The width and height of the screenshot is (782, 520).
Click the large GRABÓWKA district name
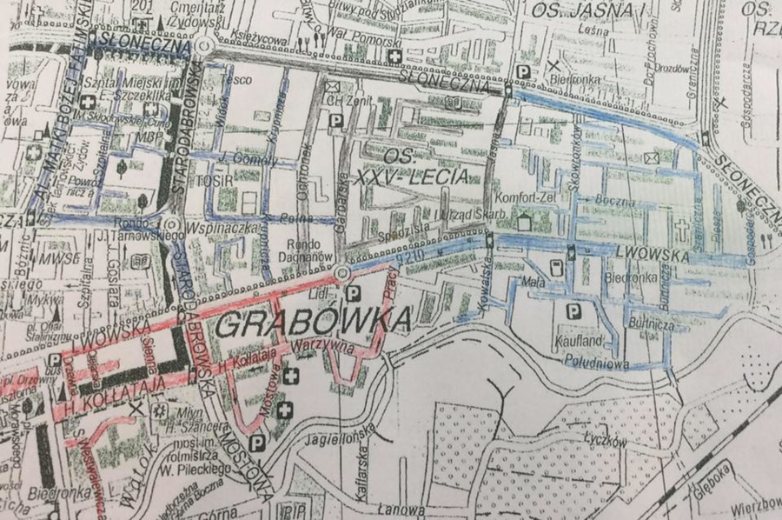(x=313, y=324)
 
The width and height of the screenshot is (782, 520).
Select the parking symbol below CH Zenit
(x=335, y=123)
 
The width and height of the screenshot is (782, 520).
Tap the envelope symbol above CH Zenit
(x=332, y=85)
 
